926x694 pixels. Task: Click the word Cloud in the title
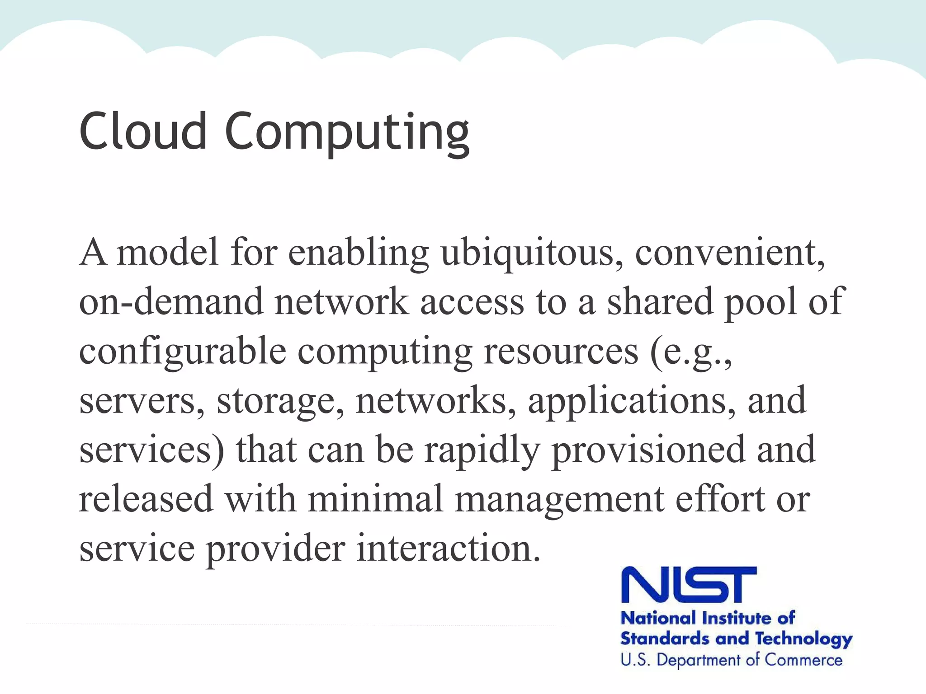tap(143, 131)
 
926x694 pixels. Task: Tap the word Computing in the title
tap(347, 133)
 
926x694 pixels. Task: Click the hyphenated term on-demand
tap(171, 301)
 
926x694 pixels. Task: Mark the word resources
tap(561, 351)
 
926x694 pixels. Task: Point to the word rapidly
tap(482, 451)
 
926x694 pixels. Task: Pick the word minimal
tap(375, 499)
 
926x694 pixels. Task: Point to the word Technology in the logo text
tap(804, 639)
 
